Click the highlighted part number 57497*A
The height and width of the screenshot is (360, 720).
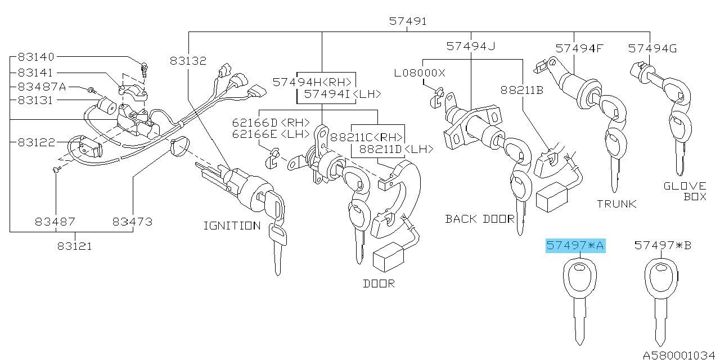pyautogui.click(x=575, y=245)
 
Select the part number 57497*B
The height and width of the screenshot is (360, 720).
pyautogui.click(x=663, y=245)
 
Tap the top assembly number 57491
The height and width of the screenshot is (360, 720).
pyautogui.click(x=408, y=21)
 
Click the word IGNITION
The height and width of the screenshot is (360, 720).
pyautogui.click(x=232, y=226)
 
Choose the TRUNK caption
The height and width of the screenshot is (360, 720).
pyautogui.click(x=616, y=204)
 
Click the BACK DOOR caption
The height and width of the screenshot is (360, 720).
pyautogui.click(x=480, y=219)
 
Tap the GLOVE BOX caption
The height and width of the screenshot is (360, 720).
pyautogui.click(x=685, y=191)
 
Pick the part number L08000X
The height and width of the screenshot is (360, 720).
pyautogui.click(x=419, y=73)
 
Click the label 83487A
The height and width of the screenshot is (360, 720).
pyautogui.click(x=42, y=87)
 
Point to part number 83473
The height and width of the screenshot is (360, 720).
pyautogui.click(x=132, y=222)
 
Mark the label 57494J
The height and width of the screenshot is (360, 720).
pyautogui.click(x=470, y=46)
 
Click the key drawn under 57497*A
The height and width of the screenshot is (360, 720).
pyautogui.click(x=579, y=298)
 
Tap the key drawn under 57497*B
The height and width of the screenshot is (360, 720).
pyautogui.click(x=661, y=298)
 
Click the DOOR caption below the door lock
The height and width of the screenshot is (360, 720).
pyautogui.click(x=379, y=283)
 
